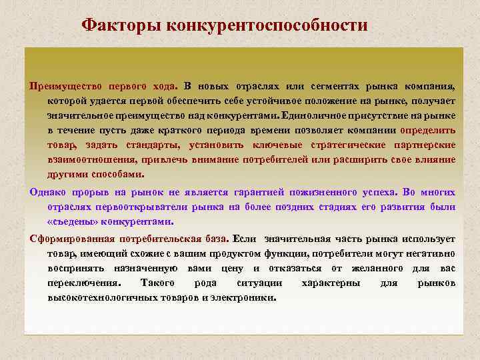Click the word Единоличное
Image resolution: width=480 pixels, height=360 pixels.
[318, 116]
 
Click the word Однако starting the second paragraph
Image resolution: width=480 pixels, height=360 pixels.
[46, 192]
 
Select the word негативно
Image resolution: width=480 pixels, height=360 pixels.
[435, 253]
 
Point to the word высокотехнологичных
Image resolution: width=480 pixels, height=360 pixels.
[98, 297]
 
